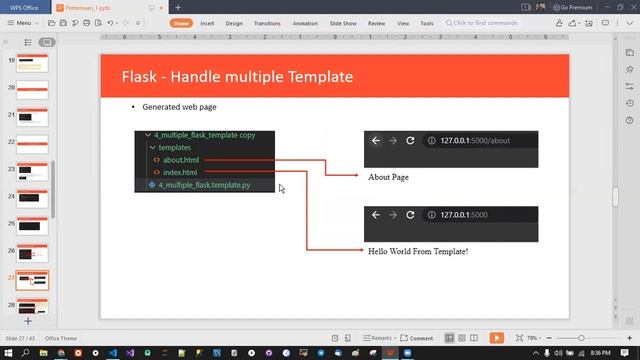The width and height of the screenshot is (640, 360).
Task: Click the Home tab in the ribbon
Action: point(181,23)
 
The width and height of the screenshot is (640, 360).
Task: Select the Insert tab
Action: point(207,23)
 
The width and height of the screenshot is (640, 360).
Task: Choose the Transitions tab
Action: point(267,23)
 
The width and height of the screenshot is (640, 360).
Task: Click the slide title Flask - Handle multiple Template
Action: point(237,77)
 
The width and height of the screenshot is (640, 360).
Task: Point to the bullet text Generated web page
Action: point(179,107)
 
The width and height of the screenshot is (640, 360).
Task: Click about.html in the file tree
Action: point(181,160)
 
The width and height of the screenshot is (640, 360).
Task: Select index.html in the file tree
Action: point(180,172)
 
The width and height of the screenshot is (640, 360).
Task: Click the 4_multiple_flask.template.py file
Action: point(204,185)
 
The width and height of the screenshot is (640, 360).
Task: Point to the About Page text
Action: point(388,177)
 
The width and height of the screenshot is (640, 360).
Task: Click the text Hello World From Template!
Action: point(418,251)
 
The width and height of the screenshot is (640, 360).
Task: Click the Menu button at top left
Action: point(19,23)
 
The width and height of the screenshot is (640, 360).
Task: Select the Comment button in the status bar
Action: point(418,338)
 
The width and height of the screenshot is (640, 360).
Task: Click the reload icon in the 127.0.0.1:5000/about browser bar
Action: point(410,141)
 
